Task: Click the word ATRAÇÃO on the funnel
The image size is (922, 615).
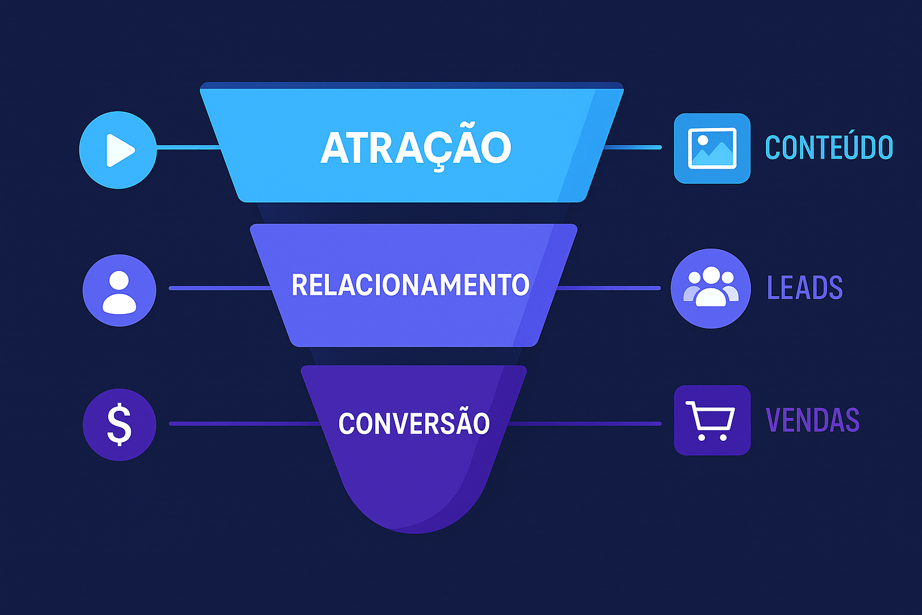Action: click(x=415, y=148)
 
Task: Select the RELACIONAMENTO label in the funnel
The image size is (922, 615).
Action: click(x=410, y=285)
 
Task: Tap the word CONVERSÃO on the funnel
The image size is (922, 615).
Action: click(x=414, y=423)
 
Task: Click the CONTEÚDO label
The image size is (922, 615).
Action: click(x=829, y=148)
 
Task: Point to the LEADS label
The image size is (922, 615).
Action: click(x=805, y=288)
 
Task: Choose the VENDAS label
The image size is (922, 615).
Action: click(x=813, y=420)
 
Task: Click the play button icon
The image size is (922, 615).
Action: click(x=118, y=150)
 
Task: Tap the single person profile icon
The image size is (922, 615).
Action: click(x=119, y=291)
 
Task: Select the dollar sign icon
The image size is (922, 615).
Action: click(x=119, y=424)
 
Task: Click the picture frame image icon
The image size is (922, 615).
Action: click(x=712, y=148)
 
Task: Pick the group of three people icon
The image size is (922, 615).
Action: click(x=711, y=288)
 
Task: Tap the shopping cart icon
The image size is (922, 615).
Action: click(x=712, y=420)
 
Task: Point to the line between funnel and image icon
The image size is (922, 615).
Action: click(x=631, y=147)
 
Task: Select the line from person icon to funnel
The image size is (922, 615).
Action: click(x=219, y=288)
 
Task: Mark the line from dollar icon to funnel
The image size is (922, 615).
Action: click(x=243, y=424)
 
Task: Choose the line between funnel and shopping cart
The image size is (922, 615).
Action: click(x=585, y=424)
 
